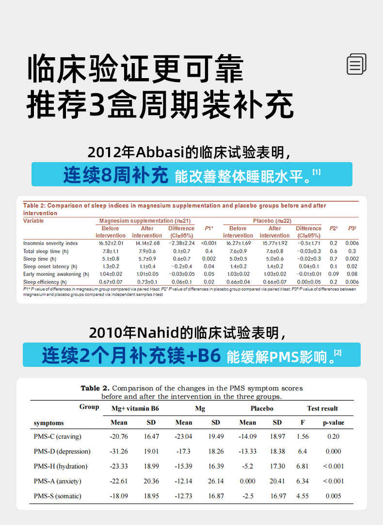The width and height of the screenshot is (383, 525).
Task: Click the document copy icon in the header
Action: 356,64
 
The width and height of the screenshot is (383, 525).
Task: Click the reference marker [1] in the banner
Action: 317,172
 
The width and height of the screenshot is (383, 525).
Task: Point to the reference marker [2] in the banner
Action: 338,353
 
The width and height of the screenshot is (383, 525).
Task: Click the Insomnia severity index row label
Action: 50,243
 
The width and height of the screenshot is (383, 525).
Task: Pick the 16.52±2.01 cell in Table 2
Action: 111,243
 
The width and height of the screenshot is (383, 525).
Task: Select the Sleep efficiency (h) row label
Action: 45,282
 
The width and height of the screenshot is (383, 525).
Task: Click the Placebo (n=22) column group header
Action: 272,221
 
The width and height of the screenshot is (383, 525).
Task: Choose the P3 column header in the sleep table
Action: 352,228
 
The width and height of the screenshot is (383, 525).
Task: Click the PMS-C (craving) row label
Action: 57,436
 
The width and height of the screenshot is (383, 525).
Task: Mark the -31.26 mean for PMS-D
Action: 119,451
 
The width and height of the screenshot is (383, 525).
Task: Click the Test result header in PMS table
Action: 322,409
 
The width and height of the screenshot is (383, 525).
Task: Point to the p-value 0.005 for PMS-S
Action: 333,496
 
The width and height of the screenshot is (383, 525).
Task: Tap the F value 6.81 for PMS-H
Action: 302,466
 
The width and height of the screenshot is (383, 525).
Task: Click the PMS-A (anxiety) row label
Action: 57,481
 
